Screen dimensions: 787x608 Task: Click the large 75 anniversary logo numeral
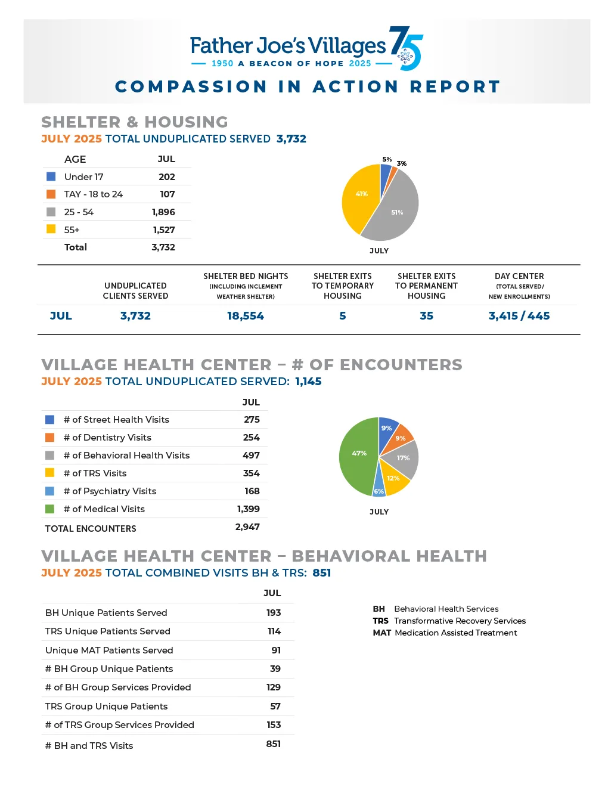[x=406, y=48]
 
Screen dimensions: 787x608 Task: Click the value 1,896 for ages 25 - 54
[x=163, y=212]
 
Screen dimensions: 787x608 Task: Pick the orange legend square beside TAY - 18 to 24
[x=51, y=194]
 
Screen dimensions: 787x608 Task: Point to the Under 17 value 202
[x=167, y=177]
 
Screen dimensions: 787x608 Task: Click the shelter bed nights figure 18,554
[x=246, y=316]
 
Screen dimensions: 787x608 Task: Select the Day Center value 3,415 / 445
[x=519, y=316]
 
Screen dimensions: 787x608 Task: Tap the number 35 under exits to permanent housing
[x=426, y=316]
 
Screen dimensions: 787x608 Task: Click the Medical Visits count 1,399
[x=248, y=509]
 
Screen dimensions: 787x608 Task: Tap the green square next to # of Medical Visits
[x=50, y=509]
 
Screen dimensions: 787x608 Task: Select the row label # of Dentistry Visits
[x=107, y=438]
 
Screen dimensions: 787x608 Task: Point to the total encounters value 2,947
[x=247, y=527]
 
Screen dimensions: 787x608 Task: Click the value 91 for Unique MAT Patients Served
[x=276, y=650]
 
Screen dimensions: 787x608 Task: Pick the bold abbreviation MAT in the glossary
[x=381, y=633]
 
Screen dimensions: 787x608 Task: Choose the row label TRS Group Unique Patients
[x=106, y=707]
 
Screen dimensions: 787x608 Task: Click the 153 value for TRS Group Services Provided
[x=274, y=725]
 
